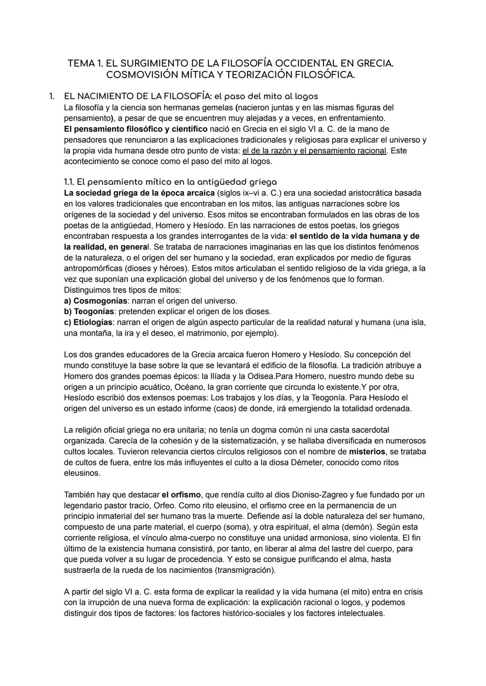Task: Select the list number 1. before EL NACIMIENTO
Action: coord(52,96)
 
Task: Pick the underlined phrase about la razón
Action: coord(314,151)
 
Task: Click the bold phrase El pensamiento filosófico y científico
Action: coord(136,129)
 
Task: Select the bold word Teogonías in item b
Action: coord(94,311)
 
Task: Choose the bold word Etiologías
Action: coord(93,322)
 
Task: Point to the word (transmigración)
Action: coord(246,570)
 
